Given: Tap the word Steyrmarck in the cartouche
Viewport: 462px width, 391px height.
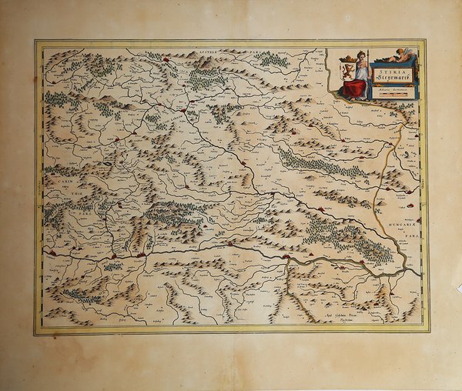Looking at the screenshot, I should pos(392,78).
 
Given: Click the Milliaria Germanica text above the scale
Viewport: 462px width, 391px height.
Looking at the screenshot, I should pos(392,89).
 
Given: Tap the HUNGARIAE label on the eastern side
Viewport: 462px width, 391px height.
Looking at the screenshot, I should pos(400,219).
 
